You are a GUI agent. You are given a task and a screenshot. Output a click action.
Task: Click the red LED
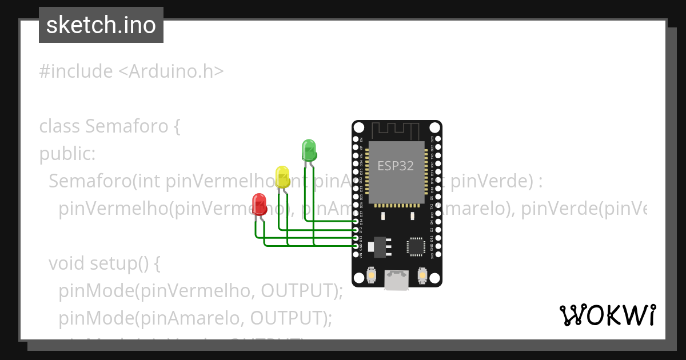(259, 204)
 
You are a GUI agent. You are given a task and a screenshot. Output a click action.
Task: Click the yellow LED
(282, 176)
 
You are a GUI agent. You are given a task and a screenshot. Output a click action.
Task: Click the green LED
(309, 150)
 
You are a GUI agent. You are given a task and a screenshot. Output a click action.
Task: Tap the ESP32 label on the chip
(395, 166)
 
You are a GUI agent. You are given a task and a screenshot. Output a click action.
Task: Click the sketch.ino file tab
(101, 25)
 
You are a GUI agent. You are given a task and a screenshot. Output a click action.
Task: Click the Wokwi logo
(607, 315)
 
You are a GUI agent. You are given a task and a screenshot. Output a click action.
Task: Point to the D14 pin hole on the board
(356, 221)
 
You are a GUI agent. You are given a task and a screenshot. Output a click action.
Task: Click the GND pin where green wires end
(356, 246)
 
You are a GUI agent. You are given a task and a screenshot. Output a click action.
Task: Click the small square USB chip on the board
(416, 246)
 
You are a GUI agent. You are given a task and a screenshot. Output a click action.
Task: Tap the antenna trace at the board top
(396, 130)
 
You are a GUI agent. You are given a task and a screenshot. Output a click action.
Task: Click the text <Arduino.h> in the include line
(171, 71)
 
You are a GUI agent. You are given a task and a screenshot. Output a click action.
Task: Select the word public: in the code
(67, 154)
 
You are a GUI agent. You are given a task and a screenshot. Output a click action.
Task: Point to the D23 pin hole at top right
(438, 139)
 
